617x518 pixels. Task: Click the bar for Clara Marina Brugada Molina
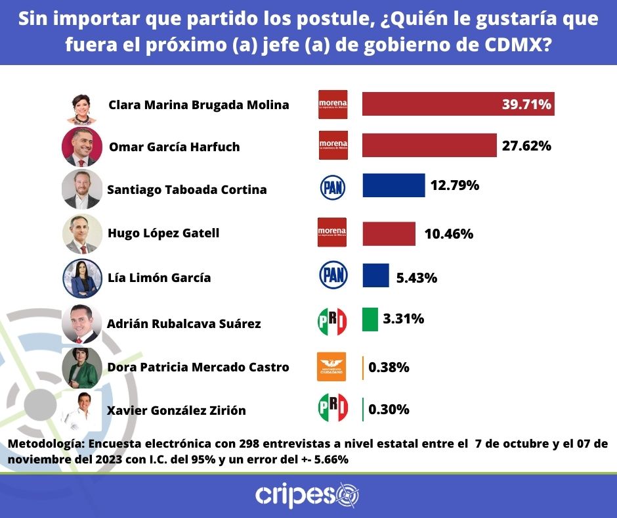coord(458,104)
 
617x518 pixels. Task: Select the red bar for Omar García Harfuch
coord(429,145)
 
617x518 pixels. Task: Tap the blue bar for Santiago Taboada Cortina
coord(393,186)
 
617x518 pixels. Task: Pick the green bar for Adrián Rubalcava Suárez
coord(370,319)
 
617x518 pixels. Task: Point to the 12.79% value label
coord(454,185)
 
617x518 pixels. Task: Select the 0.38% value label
coord(389,367)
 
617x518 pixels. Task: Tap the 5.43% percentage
coord(417,277)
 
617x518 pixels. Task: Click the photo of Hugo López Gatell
coord(82,233)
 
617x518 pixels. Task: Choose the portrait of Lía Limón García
coord(82,277)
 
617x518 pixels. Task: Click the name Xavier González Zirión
coord(176,411)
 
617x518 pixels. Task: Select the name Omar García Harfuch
coord(174,147)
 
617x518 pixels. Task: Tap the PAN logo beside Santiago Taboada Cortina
coord(332,187)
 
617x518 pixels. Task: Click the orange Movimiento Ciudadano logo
coord(331,366)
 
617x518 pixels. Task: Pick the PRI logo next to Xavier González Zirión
coord(332,408)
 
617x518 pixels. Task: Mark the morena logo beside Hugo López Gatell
coord(331,232)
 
